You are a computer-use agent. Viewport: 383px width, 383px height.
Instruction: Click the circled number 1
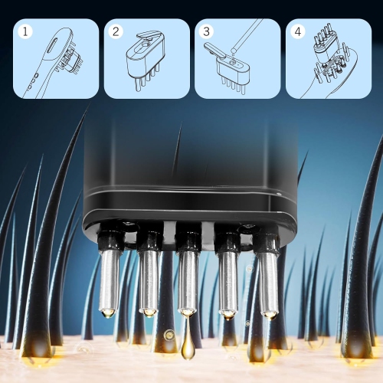coord(27,32)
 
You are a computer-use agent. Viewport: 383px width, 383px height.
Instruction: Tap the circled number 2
coord(116,32)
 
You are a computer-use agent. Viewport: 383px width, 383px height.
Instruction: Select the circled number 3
coord(207,32)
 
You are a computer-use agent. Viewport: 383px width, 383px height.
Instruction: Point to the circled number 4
coord(298,32)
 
